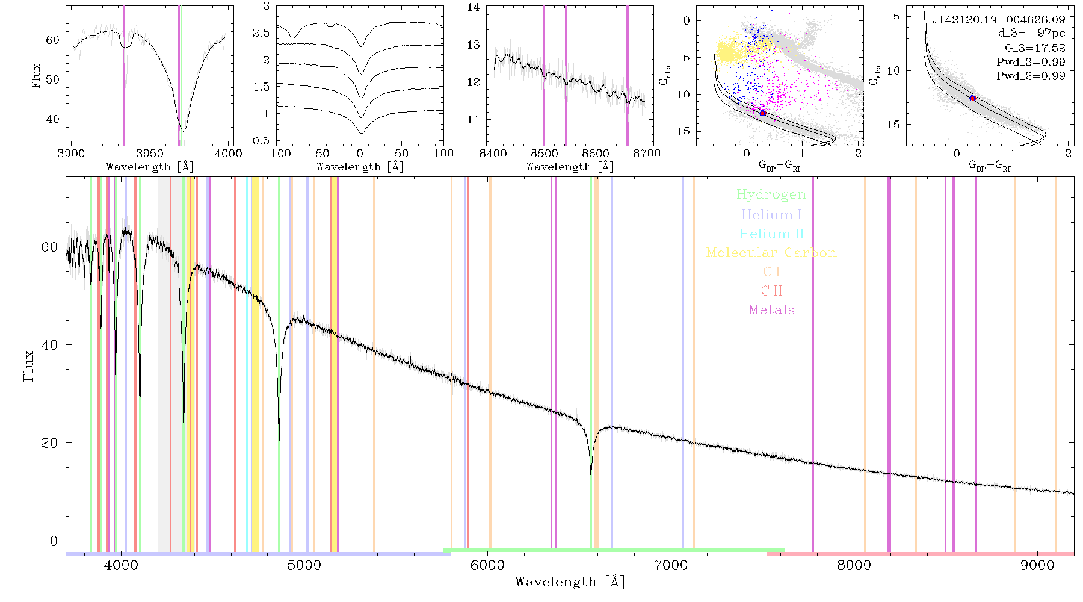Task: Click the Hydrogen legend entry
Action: tap(771, 195)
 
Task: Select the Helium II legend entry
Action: tap(771, 234)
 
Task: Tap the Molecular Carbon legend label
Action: tap(771, 253)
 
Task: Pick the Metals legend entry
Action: tap(771, 310)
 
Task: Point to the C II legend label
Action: tap(771, 291)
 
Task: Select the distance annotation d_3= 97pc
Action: tap(1031, 34)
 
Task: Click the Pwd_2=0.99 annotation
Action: tap(1031, 76)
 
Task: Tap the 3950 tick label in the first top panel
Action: tap(150, 154)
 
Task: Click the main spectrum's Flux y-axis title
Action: tap(28, 365)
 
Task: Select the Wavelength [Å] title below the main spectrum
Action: tap(569, 582)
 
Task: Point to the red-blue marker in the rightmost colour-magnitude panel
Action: tap(973, 98)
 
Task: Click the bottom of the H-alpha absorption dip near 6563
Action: tap(591, 476)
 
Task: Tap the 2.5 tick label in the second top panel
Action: tap(261, 33)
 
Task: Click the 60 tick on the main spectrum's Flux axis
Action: tap(66, 247)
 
